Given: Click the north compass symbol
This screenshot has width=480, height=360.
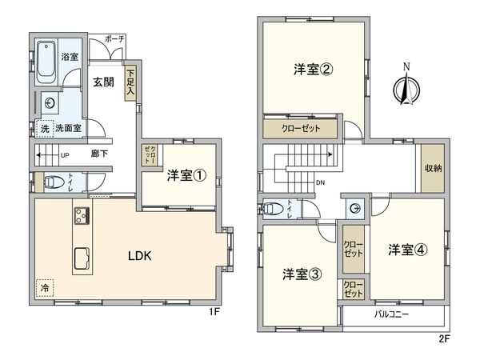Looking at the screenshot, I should click(406, 86).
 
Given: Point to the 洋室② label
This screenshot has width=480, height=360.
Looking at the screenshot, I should click(312, 69).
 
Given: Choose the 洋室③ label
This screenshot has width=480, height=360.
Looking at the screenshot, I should click(302, 274).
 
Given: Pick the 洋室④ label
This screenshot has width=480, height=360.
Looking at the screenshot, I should click(408, 249).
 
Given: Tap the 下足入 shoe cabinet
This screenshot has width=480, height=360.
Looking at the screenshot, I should click(130, 83).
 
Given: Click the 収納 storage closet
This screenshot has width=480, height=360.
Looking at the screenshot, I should click(433, 167).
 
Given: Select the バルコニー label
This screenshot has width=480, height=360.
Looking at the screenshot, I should click(392, 314).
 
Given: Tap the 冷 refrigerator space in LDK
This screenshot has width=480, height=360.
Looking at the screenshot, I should click(44, 286).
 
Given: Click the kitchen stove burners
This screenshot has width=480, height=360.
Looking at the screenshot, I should click(82, 214).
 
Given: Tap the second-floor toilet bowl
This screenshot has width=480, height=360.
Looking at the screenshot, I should click(273, 210).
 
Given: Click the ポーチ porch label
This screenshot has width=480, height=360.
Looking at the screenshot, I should click(114, 38).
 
